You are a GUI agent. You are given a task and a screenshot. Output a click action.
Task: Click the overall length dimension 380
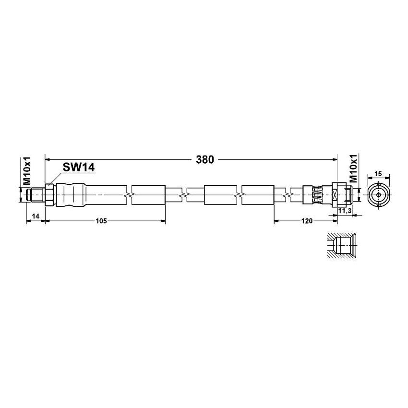tap(204, 160)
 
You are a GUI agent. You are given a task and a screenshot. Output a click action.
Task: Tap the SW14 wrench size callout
tap(79, 167)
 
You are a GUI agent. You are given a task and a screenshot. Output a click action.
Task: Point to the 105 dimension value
tap(101, 221)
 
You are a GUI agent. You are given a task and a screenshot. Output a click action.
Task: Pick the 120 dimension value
tap(307, 221)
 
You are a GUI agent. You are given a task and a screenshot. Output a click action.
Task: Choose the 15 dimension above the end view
tap(378, 173)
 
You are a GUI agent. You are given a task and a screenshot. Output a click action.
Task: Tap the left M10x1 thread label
tap(27, 171)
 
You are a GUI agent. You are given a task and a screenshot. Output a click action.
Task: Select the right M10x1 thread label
tap(353, 168)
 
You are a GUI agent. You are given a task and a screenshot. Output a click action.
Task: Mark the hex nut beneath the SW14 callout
tap(48, 195)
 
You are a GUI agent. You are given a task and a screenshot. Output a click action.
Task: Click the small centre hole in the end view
tap(378, 195)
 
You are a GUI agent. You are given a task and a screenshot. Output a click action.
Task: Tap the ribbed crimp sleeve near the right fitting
tap(315, 195)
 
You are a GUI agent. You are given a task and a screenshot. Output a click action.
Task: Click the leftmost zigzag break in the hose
tap(128, 195)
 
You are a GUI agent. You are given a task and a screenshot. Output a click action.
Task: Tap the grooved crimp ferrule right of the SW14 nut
tap(71, 195)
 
